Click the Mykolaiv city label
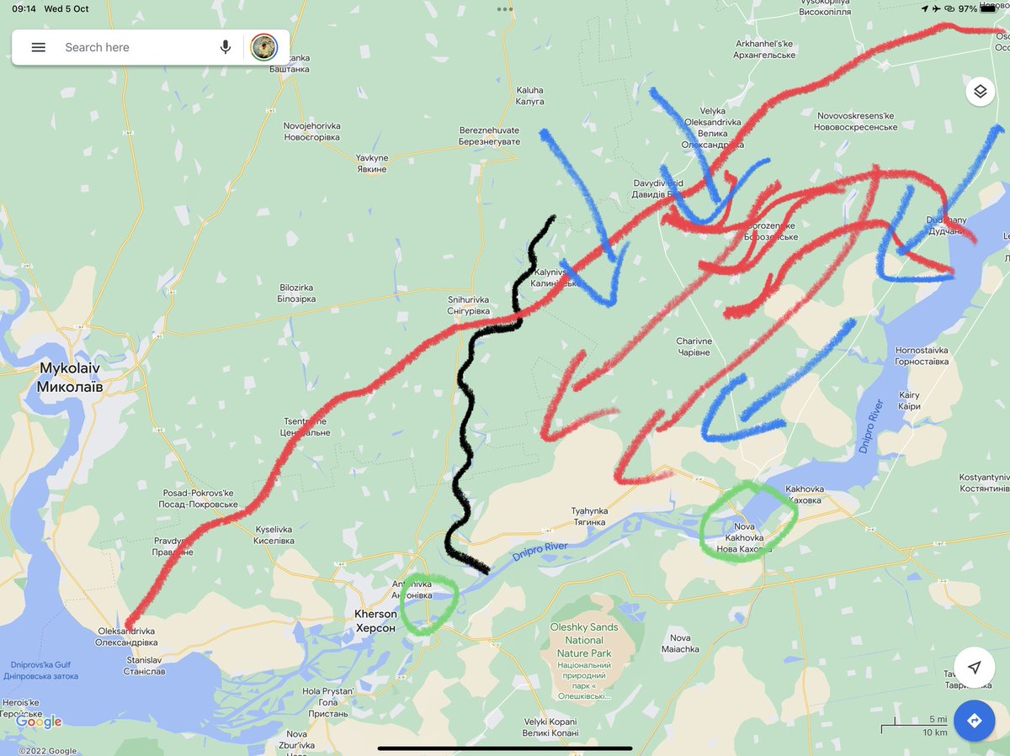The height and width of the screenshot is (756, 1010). tap(72, 378)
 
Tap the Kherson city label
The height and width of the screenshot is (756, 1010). tap(375, 621)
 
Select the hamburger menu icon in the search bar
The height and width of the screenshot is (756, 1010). tap(39, 47)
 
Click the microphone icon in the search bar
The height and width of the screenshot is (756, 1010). tap(226, 47)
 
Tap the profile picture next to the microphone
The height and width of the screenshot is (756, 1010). tap(264, 47)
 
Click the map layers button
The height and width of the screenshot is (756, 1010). tap(981, 91)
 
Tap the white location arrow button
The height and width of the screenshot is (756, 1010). tap(974, 667)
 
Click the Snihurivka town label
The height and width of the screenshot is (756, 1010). tap(469, 305)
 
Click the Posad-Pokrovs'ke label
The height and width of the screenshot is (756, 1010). tap(199, 499)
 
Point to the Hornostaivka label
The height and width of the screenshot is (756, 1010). tap(922, 356)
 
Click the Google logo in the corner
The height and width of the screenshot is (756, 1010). tap(39, 722)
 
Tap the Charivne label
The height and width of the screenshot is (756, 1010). tap(694, 346)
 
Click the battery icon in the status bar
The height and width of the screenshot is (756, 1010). tap(988, 8)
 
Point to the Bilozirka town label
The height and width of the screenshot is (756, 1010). tap(297, 293)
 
